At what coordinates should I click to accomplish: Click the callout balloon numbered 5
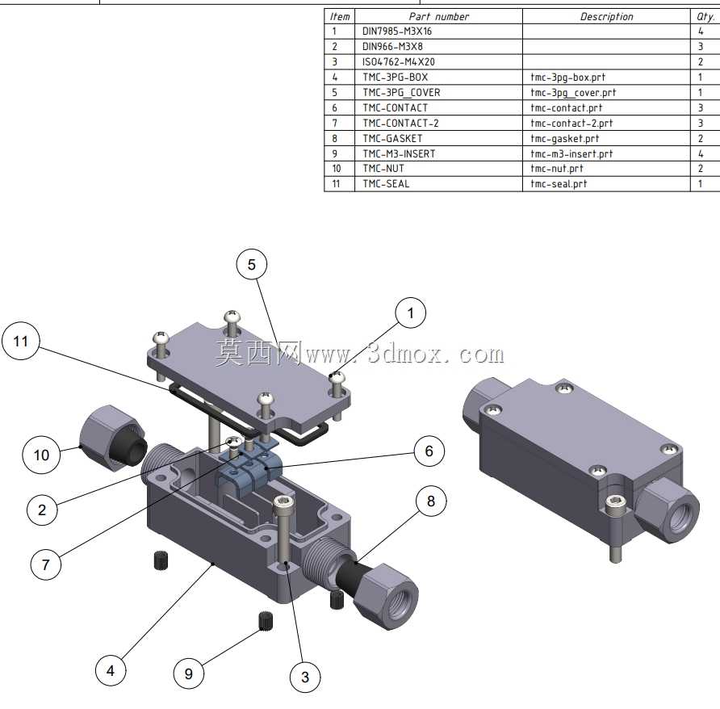252,264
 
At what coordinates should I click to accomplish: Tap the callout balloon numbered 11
21,341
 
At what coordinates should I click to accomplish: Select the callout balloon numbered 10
41,455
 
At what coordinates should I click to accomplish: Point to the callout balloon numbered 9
189,673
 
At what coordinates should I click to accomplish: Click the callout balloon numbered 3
305,677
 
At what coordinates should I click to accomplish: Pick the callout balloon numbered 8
431,501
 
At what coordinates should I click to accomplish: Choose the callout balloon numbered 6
429,451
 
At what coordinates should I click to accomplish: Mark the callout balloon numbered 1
411,313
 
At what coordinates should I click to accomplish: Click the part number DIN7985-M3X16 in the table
397,31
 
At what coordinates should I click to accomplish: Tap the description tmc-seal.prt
559,184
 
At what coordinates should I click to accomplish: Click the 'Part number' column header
439,16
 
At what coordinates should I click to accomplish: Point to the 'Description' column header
606,16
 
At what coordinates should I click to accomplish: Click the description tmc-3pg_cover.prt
573,92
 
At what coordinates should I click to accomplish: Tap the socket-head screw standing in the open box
284,528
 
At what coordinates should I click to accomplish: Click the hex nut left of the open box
113,438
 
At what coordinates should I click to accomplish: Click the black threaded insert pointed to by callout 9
266,621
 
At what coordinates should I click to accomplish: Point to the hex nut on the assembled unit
668,508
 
